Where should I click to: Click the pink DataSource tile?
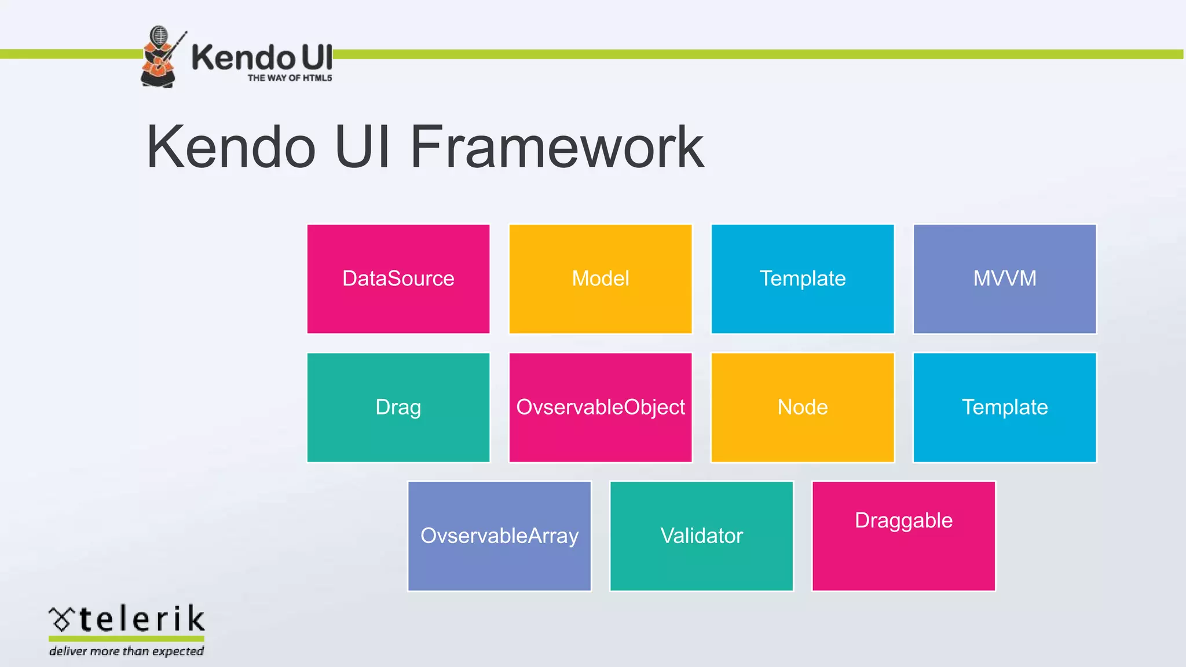tap(398, 279)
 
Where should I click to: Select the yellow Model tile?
tap(601, 279)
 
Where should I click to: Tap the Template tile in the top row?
tap(803, 279)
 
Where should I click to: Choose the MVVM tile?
tap(1005, 279)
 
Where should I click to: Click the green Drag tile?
tap(398, 408)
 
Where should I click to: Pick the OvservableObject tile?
tap(601, 408)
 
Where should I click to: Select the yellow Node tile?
tap(803, 408)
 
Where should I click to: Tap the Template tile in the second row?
tap(1005, 408)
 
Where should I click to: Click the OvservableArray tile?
tap(499, 536)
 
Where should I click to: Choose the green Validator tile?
tap(701, 536)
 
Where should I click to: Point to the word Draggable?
tap(903, 521)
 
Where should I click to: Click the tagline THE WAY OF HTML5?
tap(290, 78)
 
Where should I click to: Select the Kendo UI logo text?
tap(262, 57)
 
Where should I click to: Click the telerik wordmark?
tap(142, 619)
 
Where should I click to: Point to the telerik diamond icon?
tap(61, 620)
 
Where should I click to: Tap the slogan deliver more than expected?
tap(126, 651)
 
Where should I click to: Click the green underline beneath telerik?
tap(126, 638)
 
